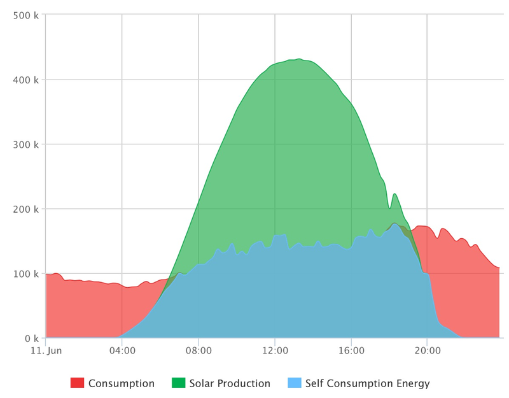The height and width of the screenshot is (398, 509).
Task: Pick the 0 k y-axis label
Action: pos(31,338)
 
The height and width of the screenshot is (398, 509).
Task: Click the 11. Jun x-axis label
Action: pos(46,350)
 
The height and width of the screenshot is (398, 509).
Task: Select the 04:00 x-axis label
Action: pos(122,350)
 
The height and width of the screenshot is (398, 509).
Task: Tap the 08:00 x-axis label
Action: pos(199,350)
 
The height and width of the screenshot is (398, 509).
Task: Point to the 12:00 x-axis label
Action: pos(275,350)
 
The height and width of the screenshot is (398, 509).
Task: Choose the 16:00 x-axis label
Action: pos(351,350)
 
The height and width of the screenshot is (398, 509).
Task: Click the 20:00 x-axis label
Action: pos(427,350)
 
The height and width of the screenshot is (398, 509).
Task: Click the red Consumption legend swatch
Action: pos(78,383)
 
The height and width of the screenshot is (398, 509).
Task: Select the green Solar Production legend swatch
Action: pos(179,383)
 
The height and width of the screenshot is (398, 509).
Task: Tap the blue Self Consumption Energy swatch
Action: pos(295,383)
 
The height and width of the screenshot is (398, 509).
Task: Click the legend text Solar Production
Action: pos(230,383)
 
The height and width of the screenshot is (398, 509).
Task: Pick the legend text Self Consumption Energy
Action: pos(368,383)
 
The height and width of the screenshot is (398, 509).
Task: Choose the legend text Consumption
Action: pos(122,383)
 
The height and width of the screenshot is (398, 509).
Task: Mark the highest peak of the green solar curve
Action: pos(299,59)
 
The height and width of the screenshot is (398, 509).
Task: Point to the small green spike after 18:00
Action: pos(394,194)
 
